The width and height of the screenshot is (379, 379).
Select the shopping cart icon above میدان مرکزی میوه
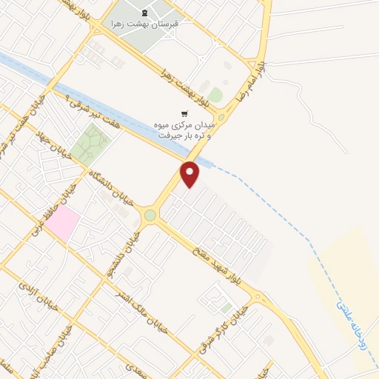coord(184,113)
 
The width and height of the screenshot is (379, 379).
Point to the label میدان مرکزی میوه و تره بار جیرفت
coord(188,130)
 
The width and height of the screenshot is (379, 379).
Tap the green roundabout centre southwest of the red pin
coord(150,215)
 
